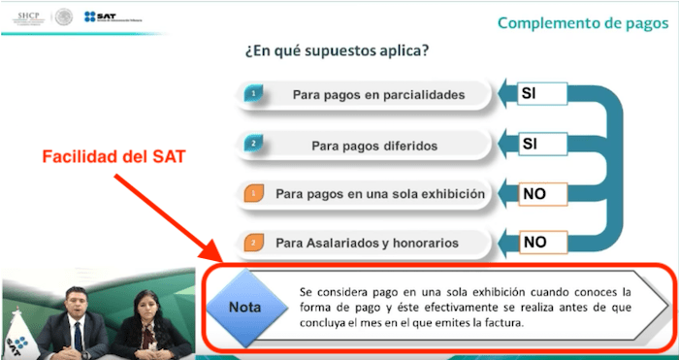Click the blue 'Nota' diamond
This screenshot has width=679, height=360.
pyautogui.click(x=244, y=307)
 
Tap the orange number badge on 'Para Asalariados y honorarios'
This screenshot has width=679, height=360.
pyautogui.click(x=252, y=242)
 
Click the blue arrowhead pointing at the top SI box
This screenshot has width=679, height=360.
pyautogui.click(x=504, y=94)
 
